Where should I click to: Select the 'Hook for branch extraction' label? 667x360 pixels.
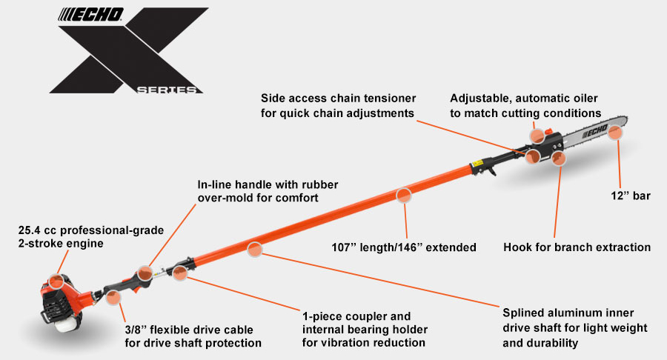coord(576,247)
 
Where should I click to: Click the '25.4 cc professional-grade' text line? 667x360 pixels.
coord(90,230)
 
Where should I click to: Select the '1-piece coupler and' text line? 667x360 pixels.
coord(356,316)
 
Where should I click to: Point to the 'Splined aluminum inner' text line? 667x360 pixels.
coord(568,313)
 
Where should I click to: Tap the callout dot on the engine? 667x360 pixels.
coord(56,281)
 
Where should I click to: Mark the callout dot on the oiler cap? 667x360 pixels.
coord(537,135)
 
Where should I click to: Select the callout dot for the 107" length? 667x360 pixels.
coord(404,196)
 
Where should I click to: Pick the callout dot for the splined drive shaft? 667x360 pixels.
coord(255,250)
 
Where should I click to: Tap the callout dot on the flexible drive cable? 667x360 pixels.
coord(113,298)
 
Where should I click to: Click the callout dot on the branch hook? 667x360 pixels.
coord(560,157)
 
